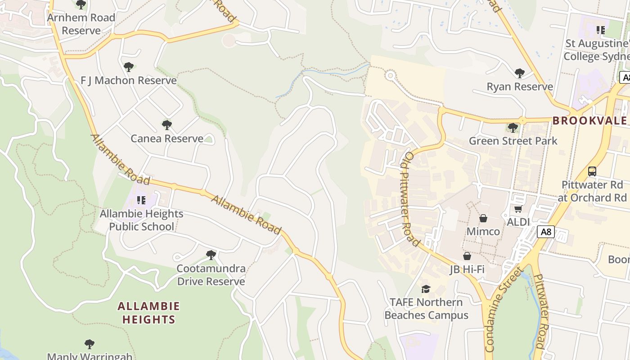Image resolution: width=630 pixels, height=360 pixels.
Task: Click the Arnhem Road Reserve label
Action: pos(81,24)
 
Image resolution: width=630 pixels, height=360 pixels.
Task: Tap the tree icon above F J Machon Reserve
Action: pos(129,67)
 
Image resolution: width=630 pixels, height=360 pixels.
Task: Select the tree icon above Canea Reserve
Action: pos(167,125)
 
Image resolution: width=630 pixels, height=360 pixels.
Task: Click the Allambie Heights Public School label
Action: pos(141,220)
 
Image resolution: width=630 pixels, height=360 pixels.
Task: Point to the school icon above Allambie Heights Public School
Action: pos(141,200)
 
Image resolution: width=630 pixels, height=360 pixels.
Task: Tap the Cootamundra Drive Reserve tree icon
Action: pos(211,255)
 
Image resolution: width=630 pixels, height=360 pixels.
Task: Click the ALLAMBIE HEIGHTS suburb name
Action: pos(148,313)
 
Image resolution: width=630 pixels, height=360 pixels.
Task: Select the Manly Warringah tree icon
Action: pos(90,344)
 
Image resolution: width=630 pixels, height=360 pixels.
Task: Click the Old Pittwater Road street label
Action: pos(411,198)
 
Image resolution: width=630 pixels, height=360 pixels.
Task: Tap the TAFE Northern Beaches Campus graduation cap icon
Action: pos(426,288)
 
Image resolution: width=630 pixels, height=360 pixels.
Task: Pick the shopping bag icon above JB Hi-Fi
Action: pos(467,256)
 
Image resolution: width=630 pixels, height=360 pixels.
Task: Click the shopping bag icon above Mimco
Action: pos(483,218)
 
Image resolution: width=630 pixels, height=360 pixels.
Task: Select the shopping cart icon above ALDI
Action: pos(518,209)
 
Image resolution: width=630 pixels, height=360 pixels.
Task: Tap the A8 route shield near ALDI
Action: pos(545,232)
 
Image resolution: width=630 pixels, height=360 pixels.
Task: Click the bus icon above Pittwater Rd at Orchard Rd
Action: pos(592,171)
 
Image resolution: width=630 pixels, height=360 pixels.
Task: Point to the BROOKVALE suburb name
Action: pos(589,121)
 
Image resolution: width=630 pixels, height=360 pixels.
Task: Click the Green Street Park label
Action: pos(513,141)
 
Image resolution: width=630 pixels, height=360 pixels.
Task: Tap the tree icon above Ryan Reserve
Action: pos(520,73)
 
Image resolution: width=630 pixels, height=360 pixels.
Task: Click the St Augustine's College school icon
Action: pos(601,30)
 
